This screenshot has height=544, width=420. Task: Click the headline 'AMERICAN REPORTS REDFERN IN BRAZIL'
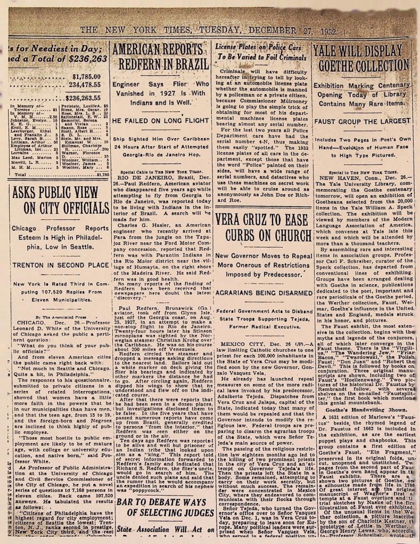[159, 57]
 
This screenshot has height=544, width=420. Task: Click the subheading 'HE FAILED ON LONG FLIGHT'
[158, 121]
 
